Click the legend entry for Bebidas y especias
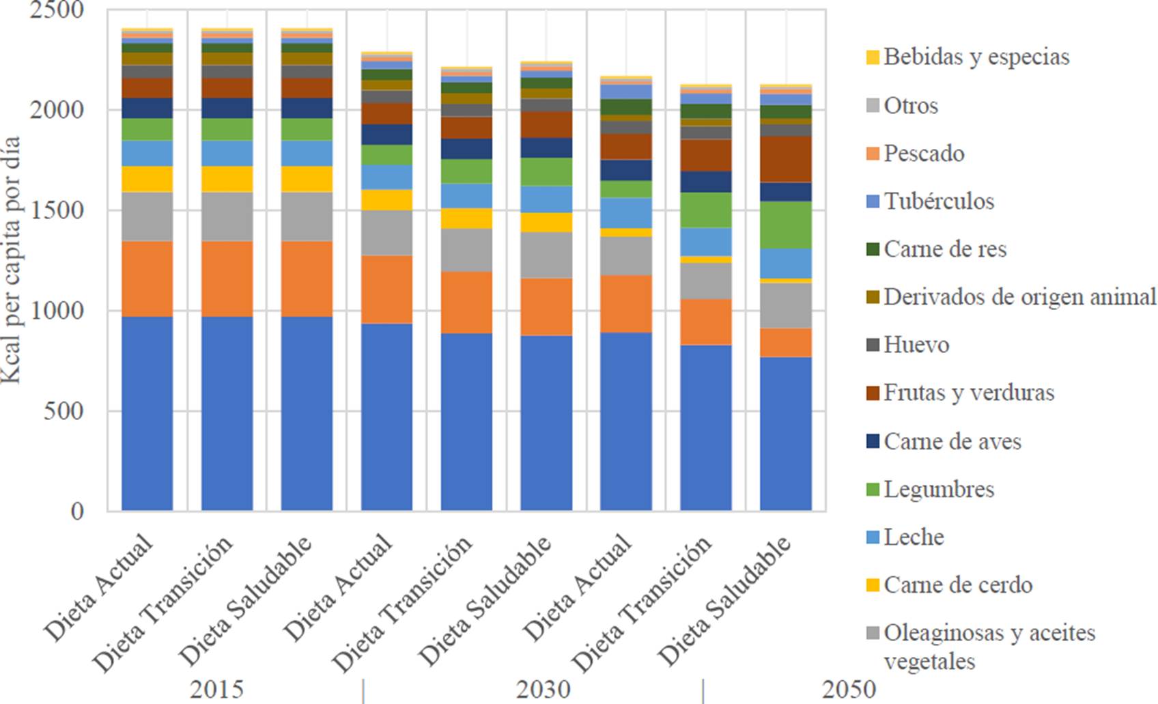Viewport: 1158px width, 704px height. tap(976, 57)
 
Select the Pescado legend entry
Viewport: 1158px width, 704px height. tap(923, 153)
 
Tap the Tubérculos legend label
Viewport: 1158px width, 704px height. tap(938, 201)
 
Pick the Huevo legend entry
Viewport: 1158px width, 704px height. tap(916, 344)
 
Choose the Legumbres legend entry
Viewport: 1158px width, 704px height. tap(938, 489)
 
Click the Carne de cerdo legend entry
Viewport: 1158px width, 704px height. tap(957, 585)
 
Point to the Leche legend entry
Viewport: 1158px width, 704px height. tap(913, 537)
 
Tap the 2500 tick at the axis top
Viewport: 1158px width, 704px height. tap(57, 10)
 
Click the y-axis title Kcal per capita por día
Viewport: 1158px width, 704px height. tap(12, 259)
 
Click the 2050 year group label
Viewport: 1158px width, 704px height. tap(849, 689)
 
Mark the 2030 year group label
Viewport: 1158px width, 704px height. tap(543, 689)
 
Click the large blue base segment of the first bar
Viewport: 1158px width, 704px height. tap(147, 413)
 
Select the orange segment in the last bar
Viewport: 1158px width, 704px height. tap(785, 343)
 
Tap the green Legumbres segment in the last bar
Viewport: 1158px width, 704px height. tap(785, 225)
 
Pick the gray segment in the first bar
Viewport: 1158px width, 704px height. tap(147, 216)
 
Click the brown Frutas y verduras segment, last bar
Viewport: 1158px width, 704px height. tap(785, 159)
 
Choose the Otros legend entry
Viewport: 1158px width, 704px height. tap(910, 105)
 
